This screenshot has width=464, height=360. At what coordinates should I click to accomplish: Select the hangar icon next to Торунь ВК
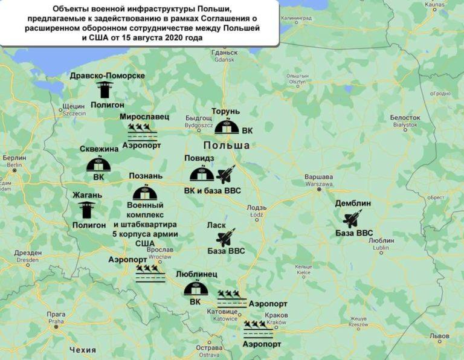(x=226, y=127)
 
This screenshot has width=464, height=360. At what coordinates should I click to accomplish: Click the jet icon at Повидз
(x=226, y=175)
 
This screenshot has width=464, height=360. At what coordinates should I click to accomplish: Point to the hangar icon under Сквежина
(x=98, y=164)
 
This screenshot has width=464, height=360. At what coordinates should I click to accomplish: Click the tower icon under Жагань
(x=87, y=210)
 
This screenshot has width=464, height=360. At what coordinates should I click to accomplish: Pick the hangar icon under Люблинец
(x=195, y=289)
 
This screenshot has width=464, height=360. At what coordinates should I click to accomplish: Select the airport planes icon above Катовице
(x=232, y=298)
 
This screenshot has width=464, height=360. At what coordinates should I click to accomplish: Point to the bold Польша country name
(x=227, y=146)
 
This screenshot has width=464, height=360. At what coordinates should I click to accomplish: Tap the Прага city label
(x=56, y=314)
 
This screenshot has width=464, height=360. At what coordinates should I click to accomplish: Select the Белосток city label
(x=405, y=117)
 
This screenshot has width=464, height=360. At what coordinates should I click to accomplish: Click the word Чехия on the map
(x=82, y=350)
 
